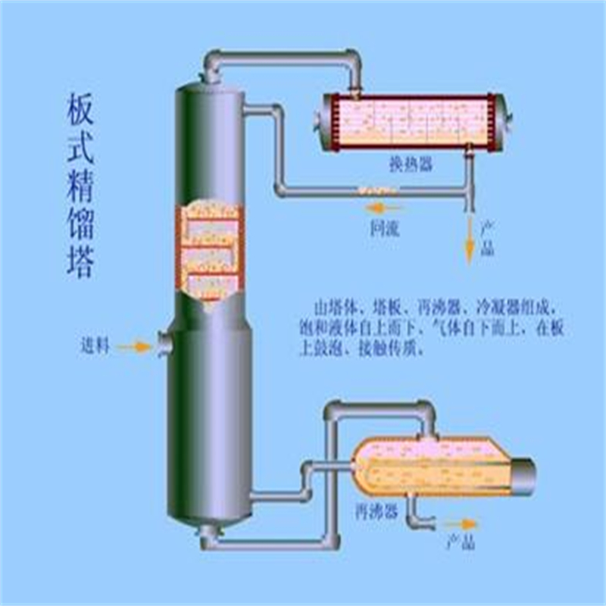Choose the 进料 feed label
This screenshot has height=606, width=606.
pyautogui.click(x=96, y=347)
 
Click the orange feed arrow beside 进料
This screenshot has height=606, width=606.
pyautogui.click(x=135, y=347)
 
